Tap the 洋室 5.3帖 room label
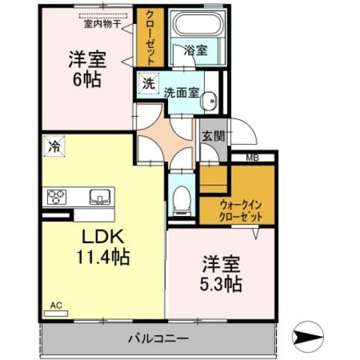point(221,274)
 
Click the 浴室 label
point(196,50)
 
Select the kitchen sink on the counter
point(98,197)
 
